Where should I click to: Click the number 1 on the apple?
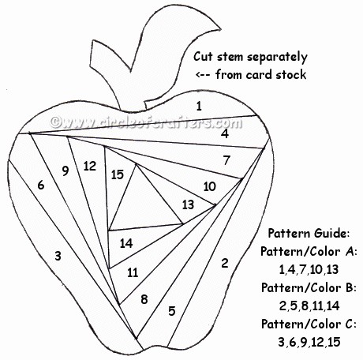[199, 106]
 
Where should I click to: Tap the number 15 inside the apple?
[118, 174]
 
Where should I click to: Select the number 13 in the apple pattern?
[188, 204]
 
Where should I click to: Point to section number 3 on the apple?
[58, 256]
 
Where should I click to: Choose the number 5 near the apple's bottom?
[172, 311]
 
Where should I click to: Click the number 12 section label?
[90, 167]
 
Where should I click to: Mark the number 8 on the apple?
[144, 299]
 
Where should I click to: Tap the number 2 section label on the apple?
[224, 263]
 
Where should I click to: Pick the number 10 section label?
[210, 186]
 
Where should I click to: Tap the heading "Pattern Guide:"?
[309, 233]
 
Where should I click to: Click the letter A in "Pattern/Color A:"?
[350, 252]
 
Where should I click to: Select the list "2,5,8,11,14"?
[309, 306]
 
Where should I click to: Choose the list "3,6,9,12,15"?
[309, 342]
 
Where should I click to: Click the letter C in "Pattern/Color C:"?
[349, 324]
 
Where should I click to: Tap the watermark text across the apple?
[146, 122]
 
